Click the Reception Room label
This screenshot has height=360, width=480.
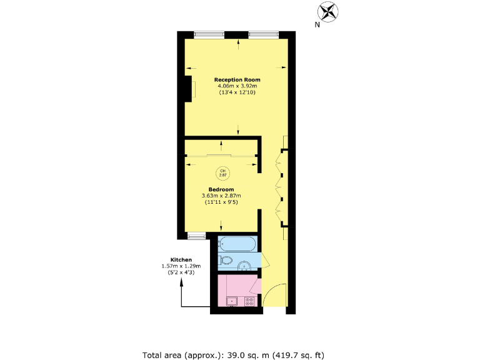tap(237, 79)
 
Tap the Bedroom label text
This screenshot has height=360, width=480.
tap(221, 189)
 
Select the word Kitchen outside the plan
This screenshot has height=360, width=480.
tap(181, 259)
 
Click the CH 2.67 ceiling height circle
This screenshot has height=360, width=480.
tap(222, 172)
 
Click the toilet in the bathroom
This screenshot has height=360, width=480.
tap(227, 261)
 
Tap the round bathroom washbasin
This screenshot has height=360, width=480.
tap(244, 265)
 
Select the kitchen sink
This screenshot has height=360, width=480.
tap(231, 301)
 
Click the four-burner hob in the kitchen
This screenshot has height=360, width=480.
tap(249, 301)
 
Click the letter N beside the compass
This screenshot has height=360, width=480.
tap(317, 25)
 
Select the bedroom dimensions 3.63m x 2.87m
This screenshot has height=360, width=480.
tap(221, 196)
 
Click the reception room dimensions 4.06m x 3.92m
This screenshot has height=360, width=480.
tap(237, 86)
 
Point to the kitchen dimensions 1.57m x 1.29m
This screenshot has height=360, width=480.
tap(181, 266)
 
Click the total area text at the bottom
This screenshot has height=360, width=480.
tap(234, 354)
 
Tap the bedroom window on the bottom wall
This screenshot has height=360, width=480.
tap(196, 235)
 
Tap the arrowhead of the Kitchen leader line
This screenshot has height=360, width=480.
tap(182, 281)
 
